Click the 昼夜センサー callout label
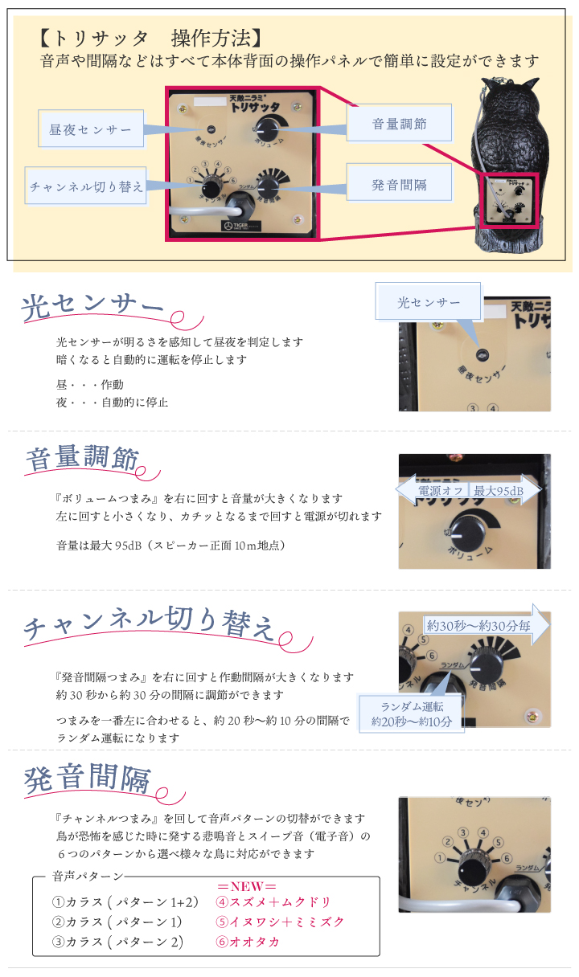pos(91,129)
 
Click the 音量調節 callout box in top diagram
pos(399,124)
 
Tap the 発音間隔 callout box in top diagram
pos(399,184)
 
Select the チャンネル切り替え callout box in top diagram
pos(86,186)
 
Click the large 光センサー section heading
pos(92,307)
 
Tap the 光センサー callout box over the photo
pos(429,302)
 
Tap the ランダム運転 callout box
pos(411,713)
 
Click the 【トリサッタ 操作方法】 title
pos(150,38)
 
